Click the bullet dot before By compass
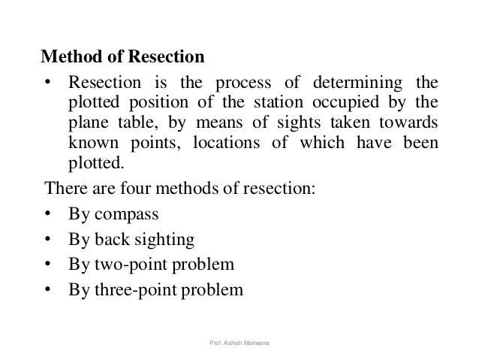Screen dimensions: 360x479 pyautogui.click(x=48, y=214)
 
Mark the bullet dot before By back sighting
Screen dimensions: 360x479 pyautogui.click(x=48, y=239)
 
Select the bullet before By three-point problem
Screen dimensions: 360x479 pyautogui.click(x=48, y=289)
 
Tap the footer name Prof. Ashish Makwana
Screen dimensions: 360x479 pyautogui.click(x=240, y=343)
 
